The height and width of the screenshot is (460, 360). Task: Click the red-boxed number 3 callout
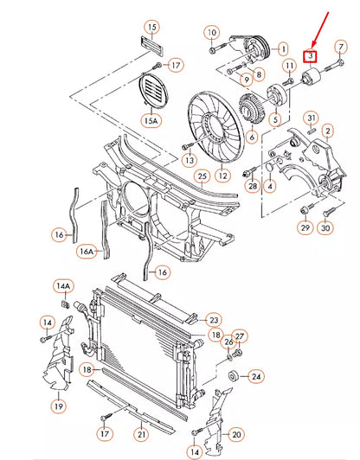(x=310, y=56)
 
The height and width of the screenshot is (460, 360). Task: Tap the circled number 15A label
(x=151, y=120)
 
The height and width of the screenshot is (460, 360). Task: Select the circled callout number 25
(x=202, y=176)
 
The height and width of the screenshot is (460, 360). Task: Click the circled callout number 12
(x=223, y=176)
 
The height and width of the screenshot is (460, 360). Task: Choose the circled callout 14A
(x=63, y=285)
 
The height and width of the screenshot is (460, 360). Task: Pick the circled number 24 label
(x=256, y=376)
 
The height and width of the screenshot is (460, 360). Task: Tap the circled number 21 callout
(x=141, y=434)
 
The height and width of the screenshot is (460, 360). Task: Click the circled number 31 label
(x=312, y=118)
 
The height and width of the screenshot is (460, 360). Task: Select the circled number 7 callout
(x=341, y=48)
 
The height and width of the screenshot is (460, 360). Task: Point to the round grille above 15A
(x=152, y=90)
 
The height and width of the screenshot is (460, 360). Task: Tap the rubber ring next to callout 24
(x=234, y=376)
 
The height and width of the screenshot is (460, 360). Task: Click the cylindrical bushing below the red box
(x=311, y=76)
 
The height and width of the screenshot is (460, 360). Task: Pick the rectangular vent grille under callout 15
(x=151, y=46)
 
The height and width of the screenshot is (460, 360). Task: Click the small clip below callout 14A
(x=65, y=304)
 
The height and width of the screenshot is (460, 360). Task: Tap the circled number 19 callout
(x=59, y=406)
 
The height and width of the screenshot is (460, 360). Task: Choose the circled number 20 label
(x=236, y=434)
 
